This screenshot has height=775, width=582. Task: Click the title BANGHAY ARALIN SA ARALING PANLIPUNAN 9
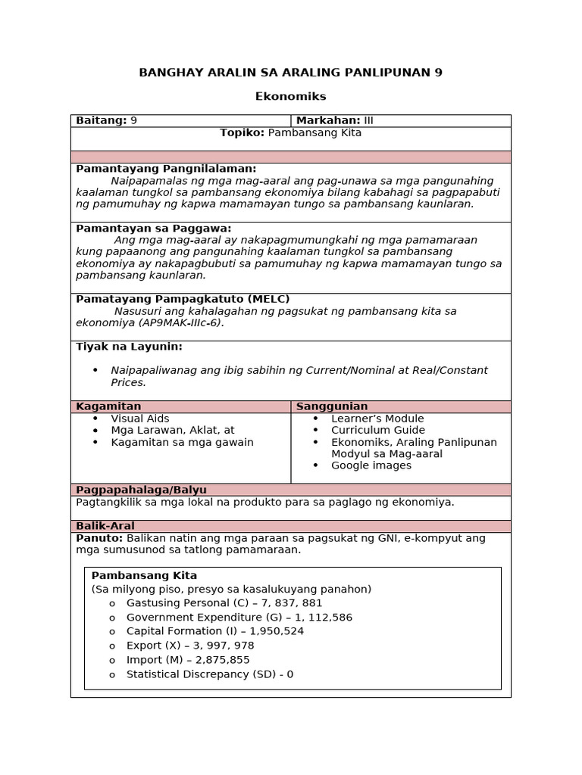click(x=290, y=73)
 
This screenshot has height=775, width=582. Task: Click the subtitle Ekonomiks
click(x=290, y=96)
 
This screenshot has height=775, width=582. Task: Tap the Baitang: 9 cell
click(x=106, y=120)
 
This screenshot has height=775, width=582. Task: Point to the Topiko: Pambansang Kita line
click(x=290, y=132)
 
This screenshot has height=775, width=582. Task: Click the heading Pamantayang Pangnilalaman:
click(x=166, y=169)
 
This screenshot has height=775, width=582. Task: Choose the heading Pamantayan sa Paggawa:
click(x=153, y=228)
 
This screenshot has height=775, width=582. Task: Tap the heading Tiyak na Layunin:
click(x=129, y=347)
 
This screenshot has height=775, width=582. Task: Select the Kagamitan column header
click(x=108, y=406)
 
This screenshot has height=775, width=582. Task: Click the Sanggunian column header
click(x=332, y=406)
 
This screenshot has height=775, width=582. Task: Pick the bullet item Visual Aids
click(x=140, y=419)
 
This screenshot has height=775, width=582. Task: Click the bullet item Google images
click(x=371, y=465)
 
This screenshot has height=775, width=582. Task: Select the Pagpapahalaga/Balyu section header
click(x=141, y=490)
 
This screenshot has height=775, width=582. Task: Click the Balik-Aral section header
click(x=105, y=526)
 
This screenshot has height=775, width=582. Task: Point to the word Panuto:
click(x=99, y=538)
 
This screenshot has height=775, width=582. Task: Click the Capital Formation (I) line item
click(x=215, y=631)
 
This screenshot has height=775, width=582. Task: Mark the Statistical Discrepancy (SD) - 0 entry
click(x=209, y=674)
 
